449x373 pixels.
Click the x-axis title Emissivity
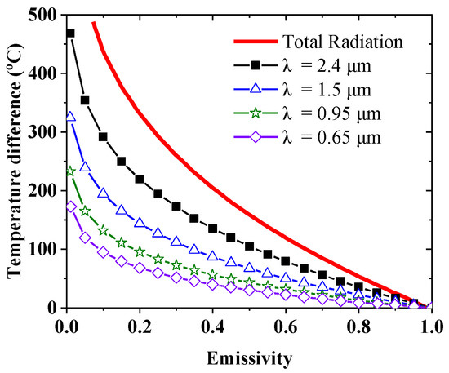[249, 357]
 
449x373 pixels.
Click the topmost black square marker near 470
[70, 33]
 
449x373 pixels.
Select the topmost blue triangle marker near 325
[70, 117]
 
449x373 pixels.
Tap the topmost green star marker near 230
[70, 171]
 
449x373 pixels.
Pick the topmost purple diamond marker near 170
[70, 207]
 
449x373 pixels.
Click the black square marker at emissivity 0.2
[140, 179]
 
